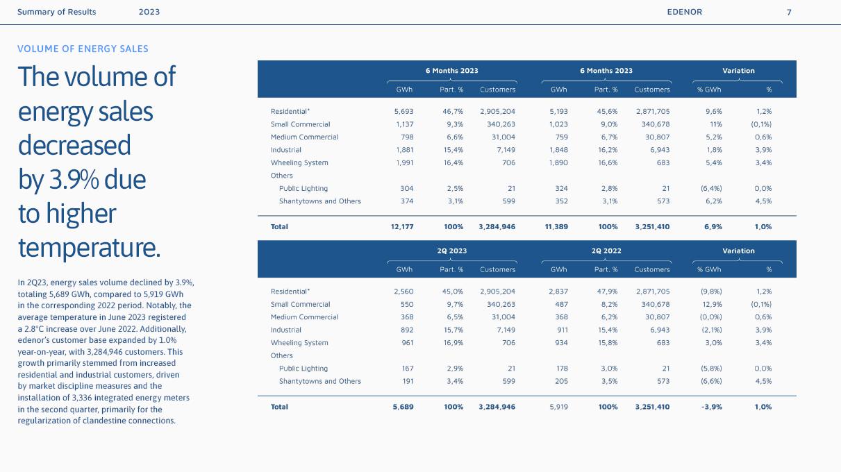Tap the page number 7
tap(789, 12)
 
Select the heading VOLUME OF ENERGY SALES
tap(83, 49)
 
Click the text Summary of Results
tap(57, 12)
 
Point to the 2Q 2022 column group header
tap(606, 251)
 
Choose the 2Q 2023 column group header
tap(451, 251)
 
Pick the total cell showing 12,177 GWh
tap(403, 226)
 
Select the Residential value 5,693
tap(403, 111)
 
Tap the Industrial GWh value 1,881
tap(403, 149)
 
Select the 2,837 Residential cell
tap(558, 292)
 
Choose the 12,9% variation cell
tap(713, 304)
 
